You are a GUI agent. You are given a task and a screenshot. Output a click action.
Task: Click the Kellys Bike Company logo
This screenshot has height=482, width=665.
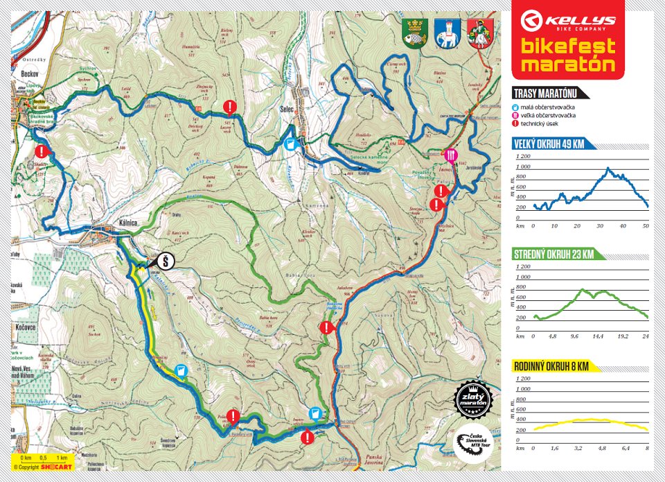click(567, 19)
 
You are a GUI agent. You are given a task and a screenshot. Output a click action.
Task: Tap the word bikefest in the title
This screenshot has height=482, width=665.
click(567, 47)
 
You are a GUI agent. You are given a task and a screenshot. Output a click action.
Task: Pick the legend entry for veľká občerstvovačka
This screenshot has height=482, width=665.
click(547, 115)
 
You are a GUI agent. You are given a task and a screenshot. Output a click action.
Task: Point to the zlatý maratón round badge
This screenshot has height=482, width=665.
click(475, 398)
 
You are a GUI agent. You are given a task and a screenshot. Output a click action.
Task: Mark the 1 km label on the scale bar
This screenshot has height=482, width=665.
click(62, 458)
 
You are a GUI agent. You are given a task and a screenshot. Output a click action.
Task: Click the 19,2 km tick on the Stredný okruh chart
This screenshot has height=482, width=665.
click(622, 336)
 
